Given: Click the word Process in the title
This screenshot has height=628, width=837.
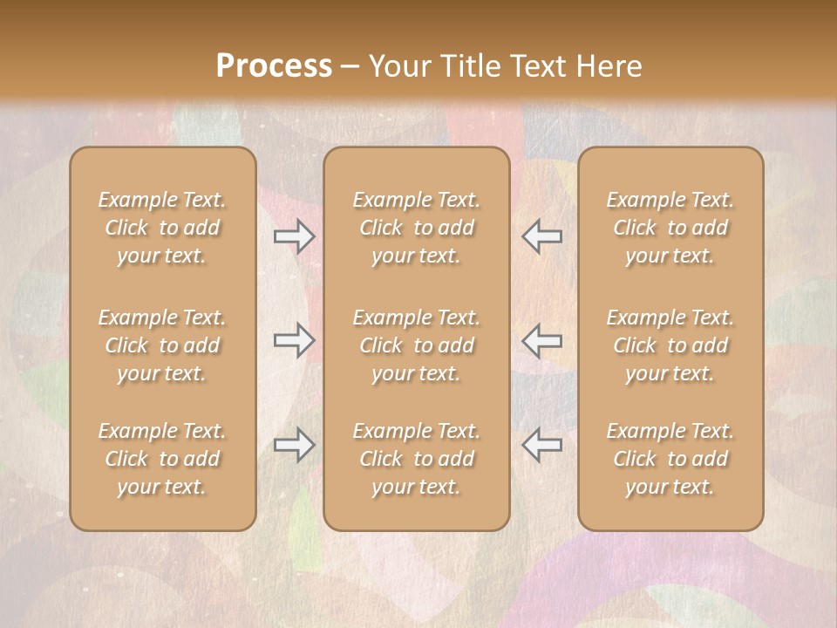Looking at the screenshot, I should tap(274, 65).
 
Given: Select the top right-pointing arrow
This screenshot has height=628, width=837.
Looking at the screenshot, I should tap(294, 236).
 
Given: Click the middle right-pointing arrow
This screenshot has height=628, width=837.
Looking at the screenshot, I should tap(294, 340).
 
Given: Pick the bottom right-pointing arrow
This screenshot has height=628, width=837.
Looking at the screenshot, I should tap(294, 445).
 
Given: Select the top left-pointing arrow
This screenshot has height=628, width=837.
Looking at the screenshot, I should tap(542, 236).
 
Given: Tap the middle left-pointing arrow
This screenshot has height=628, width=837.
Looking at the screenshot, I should tap(542, 340).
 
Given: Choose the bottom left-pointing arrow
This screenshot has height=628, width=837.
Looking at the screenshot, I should tap(542, 445).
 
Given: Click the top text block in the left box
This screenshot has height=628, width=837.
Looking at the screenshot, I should tap(162, 228).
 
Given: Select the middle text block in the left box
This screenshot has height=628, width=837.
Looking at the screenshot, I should tap(162, 345).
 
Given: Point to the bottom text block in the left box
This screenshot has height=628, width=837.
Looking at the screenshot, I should tap(162, 459).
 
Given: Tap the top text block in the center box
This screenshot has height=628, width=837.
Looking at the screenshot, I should tap(416, 228).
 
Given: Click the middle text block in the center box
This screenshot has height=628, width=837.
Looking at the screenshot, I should tap(416, 345).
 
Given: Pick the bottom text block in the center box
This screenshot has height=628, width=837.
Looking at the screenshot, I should tap(416, 459).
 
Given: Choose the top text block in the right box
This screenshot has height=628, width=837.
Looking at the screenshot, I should tap(670, 228).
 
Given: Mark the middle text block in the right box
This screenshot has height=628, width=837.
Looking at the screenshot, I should tap(670, 345).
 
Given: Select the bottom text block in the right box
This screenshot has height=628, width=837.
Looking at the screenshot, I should tap(670, 459).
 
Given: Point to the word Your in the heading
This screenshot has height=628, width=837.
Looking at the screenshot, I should tap(398, 65).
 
